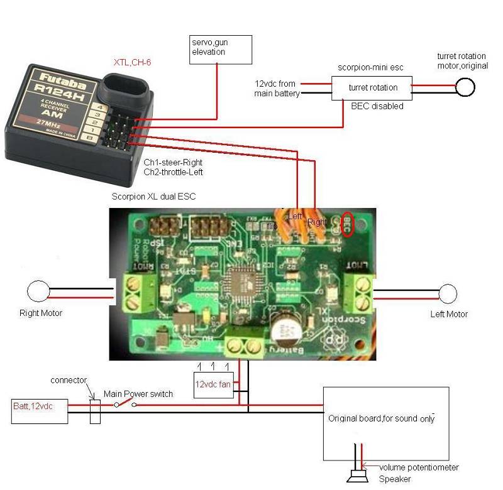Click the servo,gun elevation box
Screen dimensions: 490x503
pos(220,49)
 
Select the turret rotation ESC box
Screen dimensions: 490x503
pos(372,89)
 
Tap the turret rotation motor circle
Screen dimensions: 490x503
pos(465,87)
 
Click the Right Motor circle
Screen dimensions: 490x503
pos(38,292)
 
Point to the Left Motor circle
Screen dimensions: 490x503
pos(448,293)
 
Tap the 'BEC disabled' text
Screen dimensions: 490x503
pos(377,106)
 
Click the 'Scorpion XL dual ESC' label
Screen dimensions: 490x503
pos(153,197)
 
